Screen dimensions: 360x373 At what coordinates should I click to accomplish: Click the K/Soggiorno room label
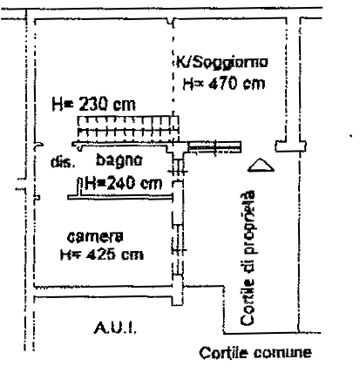[x=222, y=63]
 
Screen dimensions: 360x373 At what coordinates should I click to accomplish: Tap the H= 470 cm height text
[x=224, y=84]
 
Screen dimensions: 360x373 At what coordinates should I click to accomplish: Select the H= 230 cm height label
[x=93, y=104]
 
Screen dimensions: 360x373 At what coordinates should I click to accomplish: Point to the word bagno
[x=119, y=160]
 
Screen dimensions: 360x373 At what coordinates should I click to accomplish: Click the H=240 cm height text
[x=124, y=184]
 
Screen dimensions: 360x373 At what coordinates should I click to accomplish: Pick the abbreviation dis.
[x=63, y=162]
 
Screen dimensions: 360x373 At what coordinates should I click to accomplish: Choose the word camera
[x=95, y=237]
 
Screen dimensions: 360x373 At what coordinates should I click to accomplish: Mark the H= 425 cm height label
[x=102, y=254]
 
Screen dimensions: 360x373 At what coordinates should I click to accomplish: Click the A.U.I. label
[x=115, y=329]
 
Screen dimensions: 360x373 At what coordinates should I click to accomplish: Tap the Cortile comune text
[x=255, y=353]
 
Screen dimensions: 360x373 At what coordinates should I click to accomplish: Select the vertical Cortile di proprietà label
[x=248, y=258]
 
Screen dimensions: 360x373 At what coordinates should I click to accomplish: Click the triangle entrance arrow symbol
[x=261, y=165]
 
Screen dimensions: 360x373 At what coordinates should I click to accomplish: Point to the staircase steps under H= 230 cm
[x=128, y=126]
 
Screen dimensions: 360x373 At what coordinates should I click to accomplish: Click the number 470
[x=223, y=84]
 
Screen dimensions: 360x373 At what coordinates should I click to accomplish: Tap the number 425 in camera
[x=101, y=254]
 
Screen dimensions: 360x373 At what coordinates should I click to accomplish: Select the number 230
[x=93, y=104]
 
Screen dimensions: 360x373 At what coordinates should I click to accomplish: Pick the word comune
[x=282, y=353]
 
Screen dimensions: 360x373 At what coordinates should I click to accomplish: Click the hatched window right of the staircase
[x=214, y=147]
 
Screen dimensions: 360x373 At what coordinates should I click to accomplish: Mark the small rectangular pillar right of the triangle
[x=290, y=146]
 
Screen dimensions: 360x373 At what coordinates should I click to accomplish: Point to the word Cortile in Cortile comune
[x=223, y=353]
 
